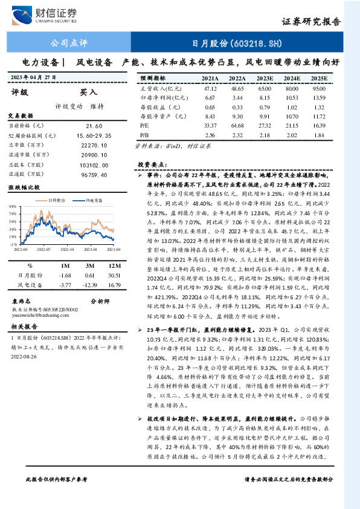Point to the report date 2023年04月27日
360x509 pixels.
[38, 77]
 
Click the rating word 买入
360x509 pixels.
[88, 92]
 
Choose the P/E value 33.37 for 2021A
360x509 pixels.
[210, 125]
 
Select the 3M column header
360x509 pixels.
[90, 265]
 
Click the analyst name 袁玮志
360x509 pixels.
[22, 300]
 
